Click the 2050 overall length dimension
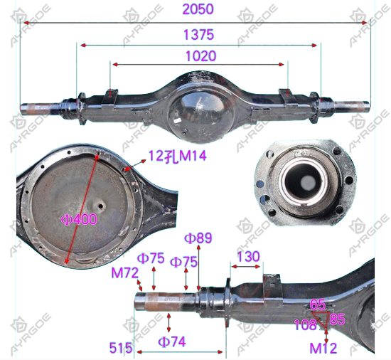pos(198,9)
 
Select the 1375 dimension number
pos(199,35)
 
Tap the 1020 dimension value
pos(201,56)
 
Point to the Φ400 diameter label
pos(79,220)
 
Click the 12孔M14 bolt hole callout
pos(178,156)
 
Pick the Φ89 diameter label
pos(198,238)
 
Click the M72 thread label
pos(124,273)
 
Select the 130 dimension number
pos(248,257)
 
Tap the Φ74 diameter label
pos(172,342)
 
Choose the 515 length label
pos(121,348)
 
